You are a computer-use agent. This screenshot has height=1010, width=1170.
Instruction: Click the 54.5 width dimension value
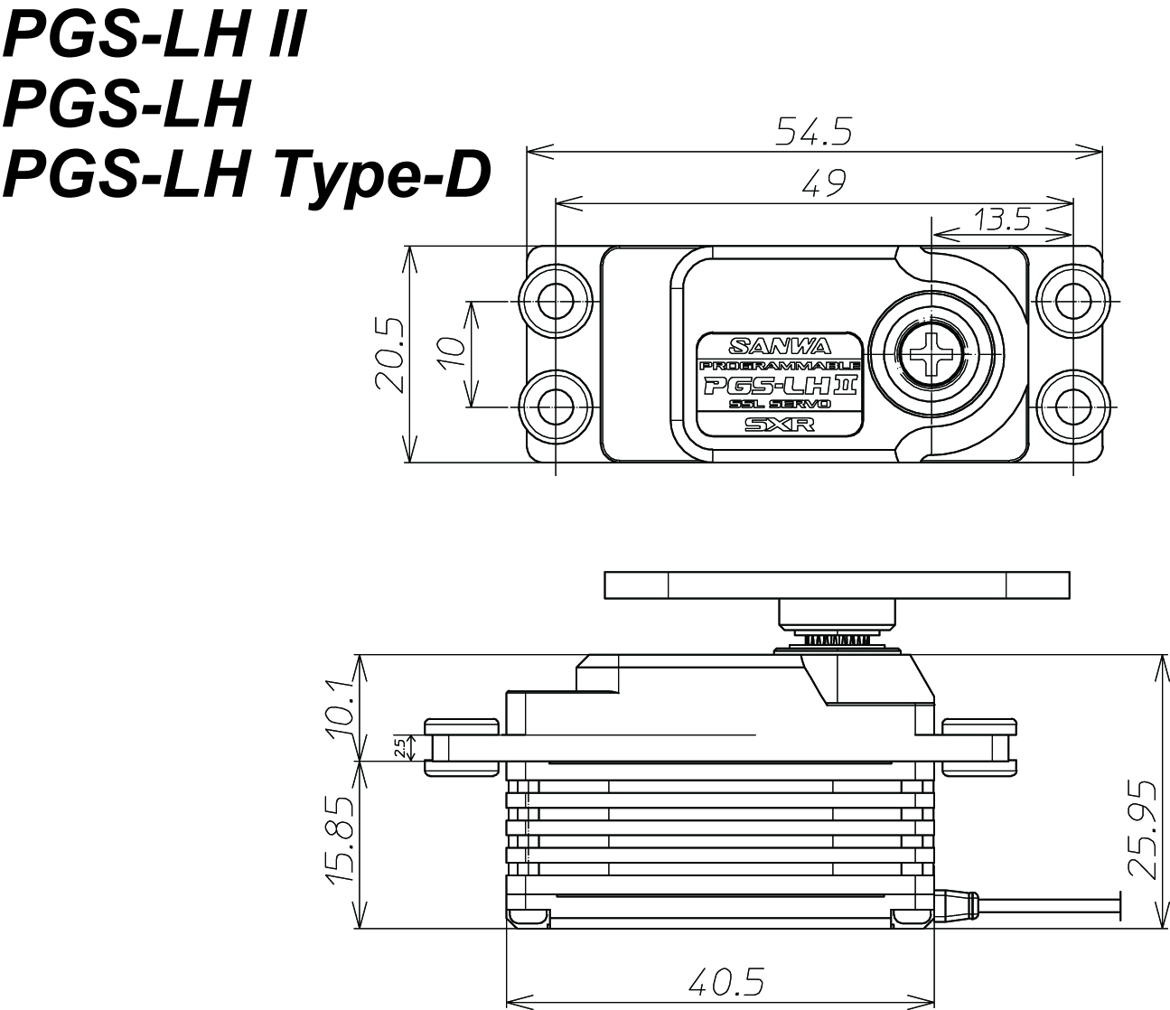pos(814,133)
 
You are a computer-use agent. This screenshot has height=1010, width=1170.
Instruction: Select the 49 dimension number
pos(823,184)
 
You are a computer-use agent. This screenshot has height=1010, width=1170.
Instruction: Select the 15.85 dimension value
pos(341,839)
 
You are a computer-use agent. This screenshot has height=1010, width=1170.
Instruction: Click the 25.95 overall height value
pos(1144,828)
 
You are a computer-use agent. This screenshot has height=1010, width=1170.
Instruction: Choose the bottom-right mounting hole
pos(1072,407)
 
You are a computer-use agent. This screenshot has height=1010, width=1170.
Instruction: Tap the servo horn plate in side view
pos(837,584)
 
